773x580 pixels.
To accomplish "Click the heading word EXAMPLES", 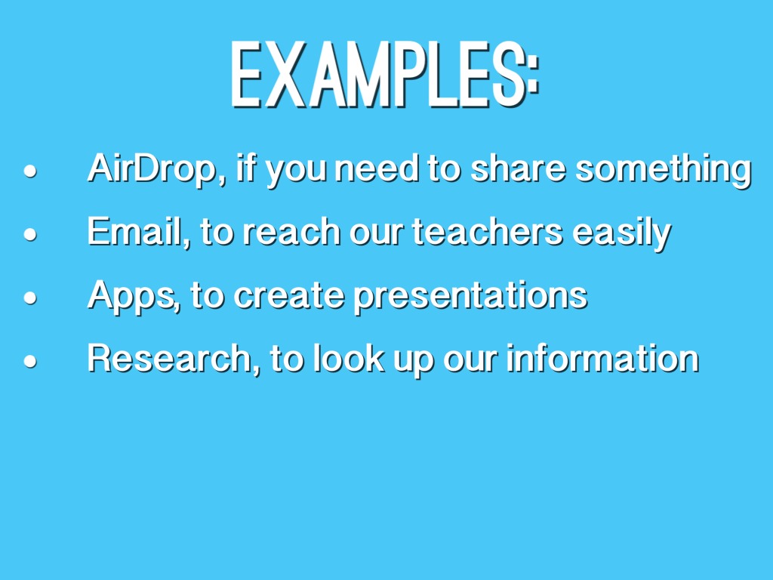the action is coord(378,75).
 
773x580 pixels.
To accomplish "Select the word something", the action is coord(663,168).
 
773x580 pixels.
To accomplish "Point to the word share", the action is coord(517,168).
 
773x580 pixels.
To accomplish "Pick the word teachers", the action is coord(487,231).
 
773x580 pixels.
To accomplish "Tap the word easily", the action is coord(622,233).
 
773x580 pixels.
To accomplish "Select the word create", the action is coord(288,295).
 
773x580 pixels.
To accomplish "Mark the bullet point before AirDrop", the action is coord(30,171).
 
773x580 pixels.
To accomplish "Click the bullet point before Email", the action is coord(30,234).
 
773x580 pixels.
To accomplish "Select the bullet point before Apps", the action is coord(30,298).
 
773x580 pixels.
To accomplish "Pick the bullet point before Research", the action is coord(30,360).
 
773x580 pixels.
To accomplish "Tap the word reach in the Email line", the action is coord(291,231).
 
